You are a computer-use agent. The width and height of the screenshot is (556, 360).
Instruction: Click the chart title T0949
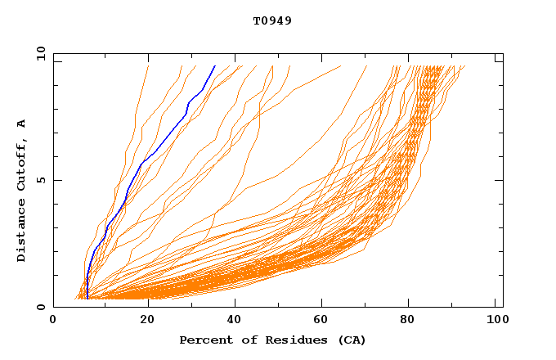click(272, 20)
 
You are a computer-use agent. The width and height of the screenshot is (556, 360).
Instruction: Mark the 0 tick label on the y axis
click(40, 307)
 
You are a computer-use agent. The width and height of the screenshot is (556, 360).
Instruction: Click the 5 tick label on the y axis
click(40, 180)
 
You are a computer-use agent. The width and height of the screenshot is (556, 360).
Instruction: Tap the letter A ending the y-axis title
click(22, 124)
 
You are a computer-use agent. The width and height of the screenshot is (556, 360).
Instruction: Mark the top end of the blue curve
click(215, 65)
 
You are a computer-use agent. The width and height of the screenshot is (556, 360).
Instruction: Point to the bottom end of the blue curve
click(87, 299)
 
